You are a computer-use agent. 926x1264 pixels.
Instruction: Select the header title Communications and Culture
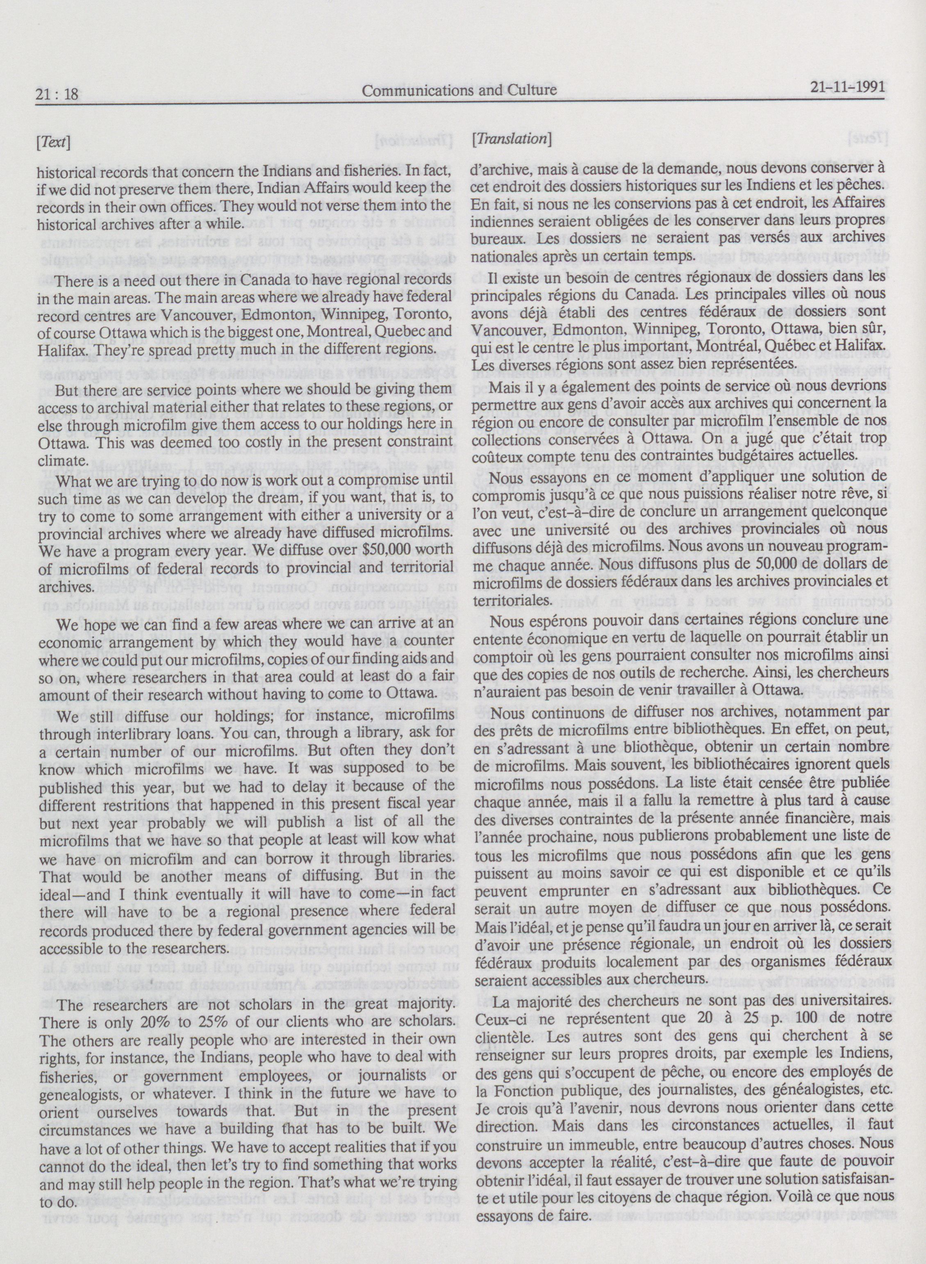pos(460,90)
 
